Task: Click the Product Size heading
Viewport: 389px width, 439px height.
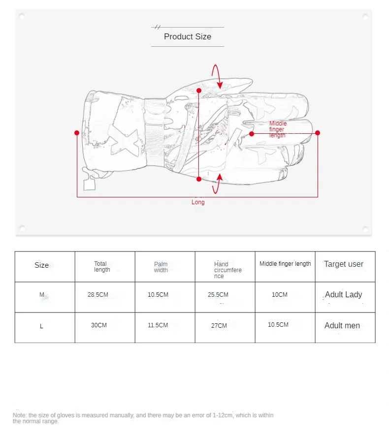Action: pyautogui.click(x=187, y=36)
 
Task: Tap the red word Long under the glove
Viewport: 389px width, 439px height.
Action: pyautogui.click(x=198, y=202)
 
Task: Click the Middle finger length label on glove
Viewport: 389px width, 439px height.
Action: pyautogui.click(x=278, y=129)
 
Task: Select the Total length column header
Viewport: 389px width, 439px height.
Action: pyautogui.click(x=101, y=267)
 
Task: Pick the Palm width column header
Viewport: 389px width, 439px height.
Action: pyautogui.click(x=161, y=267)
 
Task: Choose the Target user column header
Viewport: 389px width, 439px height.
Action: pyautogui.click(x=343, y=264)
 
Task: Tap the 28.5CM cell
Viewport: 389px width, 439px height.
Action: pyautogui.click(x=97, y=295)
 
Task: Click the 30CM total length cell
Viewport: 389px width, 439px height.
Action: pyautogui.click(x=98, y=325)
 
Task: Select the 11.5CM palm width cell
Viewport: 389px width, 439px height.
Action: pyautogui.click(x=158, y=325)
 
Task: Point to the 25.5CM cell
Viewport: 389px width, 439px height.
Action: pyautogui.click(x=218, y=295)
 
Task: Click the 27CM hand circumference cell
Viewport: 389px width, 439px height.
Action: pyautogui.click(x=219, y=326)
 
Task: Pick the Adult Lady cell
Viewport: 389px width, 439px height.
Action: pyautogui.click(x=343, y=295)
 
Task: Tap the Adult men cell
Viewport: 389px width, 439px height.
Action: pyautogui.click(x=342, y=326)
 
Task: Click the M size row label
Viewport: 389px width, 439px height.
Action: pyautogui.click(x=42, y=295)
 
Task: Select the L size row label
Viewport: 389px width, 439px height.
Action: pyautogui.click(x=41, y=326)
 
